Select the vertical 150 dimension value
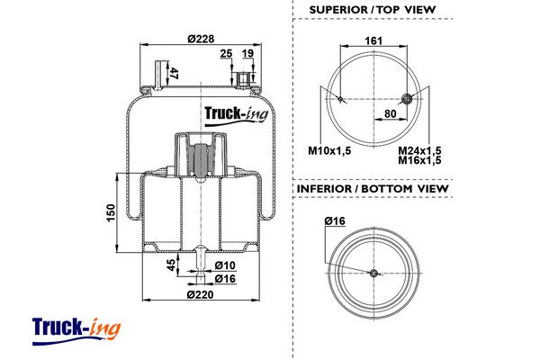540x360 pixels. point(111,212)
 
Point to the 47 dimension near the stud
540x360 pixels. point(174,74)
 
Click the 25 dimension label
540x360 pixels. point(226,53)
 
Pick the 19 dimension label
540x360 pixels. point(247,53)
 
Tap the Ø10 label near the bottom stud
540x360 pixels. point(225,265)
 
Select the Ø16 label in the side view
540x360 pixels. point(225,279)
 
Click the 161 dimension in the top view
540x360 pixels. point(374,40)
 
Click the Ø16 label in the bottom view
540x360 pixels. point(335,221)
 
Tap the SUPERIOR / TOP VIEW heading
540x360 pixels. point(373,10)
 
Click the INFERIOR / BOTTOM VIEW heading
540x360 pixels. point(373,189)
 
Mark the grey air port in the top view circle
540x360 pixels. point(409,98)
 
